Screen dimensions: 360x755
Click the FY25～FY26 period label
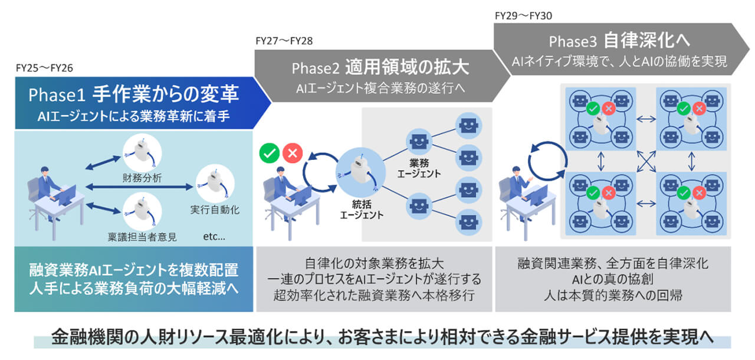(44, 68)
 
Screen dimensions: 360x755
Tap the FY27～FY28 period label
(284, 41)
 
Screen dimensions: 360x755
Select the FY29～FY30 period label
(523, 15)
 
